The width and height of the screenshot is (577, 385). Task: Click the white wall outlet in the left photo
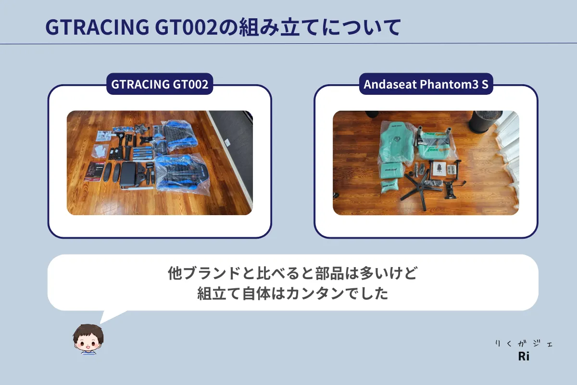click(x=227, y=142)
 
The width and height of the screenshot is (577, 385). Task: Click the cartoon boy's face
click(x=88, y=340)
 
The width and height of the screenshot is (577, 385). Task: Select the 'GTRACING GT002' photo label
click(x=160, y=84)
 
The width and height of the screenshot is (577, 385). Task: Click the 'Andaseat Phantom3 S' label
click(x=426, y=84)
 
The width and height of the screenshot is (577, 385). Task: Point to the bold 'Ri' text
click(x=524, y=357)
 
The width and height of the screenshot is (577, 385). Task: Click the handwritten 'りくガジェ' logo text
click(x=524, y=344)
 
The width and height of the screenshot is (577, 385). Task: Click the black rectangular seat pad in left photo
click(x=128, y=174)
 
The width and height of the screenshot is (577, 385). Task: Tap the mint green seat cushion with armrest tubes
click(x=435, y=146)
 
